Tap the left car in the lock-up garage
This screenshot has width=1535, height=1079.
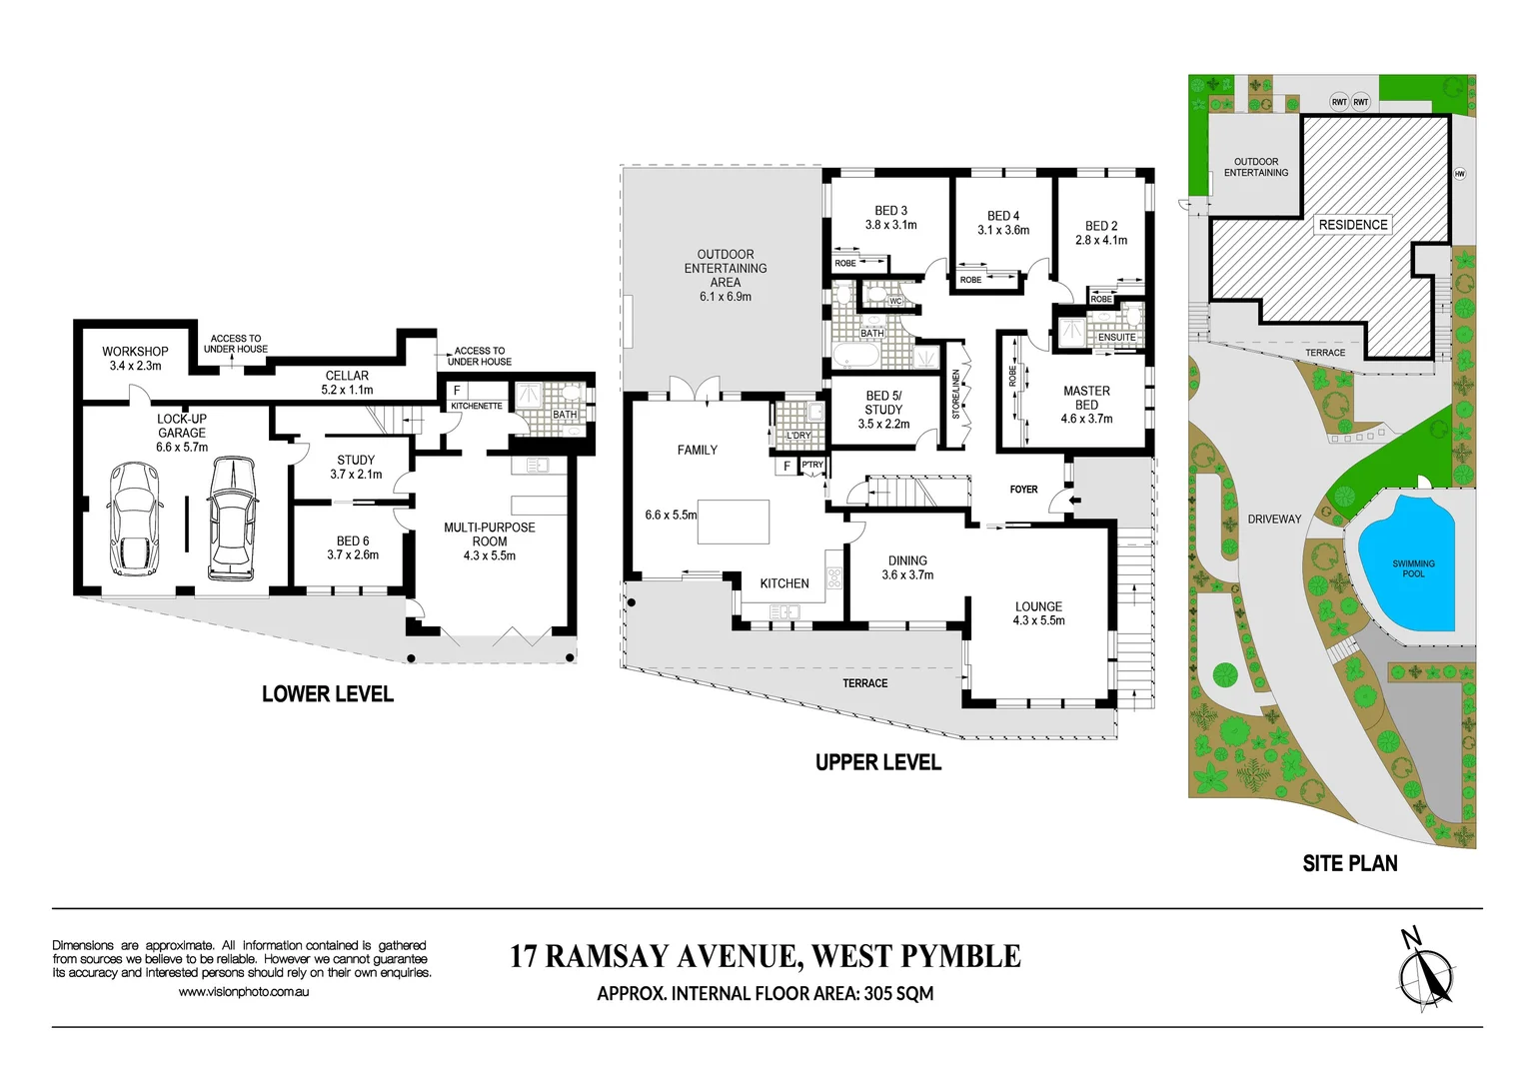click(134, 514)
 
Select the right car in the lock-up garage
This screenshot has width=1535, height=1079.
click(232, 518)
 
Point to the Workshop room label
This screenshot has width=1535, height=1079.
click(135, 352)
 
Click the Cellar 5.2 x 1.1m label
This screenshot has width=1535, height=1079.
click(347, 383)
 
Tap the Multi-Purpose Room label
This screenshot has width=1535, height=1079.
click(490, 535)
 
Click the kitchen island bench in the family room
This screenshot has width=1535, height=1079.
click(733, 522)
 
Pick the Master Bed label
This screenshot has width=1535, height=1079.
click(1086, 398)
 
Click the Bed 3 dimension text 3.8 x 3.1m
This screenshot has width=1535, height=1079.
click(891, 226)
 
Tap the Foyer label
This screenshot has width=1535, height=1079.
click(1023, 490)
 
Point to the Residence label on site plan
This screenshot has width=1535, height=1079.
click(1353, 225)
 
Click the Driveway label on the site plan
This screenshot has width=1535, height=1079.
click(1274, 520)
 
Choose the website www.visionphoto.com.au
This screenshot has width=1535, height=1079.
click(243, 992)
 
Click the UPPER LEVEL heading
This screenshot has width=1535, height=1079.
click(878, 763)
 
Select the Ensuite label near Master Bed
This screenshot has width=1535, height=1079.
click(1116, 338)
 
